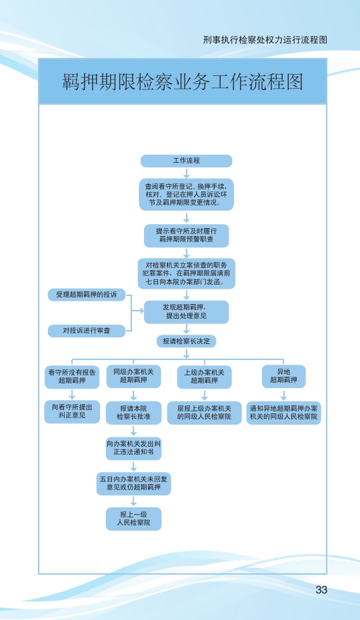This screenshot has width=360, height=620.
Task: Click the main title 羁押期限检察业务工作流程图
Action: [183, 81]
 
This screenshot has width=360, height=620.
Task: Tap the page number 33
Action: [321, 589]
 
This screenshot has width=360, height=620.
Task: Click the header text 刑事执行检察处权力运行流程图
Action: [265, 40]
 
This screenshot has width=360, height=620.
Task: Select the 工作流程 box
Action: [186, 161]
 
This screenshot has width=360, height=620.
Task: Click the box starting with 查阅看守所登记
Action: [186, 195]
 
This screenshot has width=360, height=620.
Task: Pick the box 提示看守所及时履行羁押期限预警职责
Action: [186, 235]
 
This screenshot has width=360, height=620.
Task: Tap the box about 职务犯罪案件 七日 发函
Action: [186, 273]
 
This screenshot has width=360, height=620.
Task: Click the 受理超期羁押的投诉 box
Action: [86, 295]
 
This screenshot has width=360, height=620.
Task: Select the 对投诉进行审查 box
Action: [86, 331]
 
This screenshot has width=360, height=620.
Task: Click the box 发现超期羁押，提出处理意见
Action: [186, 312]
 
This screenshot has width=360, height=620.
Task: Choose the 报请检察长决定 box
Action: [186, 341]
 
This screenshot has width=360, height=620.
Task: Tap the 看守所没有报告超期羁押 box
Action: [72, 377]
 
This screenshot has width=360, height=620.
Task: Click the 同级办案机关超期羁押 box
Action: [133, 376]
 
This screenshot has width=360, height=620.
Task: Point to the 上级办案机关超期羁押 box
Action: [204, 377]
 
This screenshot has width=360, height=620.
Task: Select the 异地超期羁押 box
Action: [283, 376]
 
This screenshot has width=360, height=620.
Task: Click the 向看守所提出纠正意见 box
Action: [72, 411]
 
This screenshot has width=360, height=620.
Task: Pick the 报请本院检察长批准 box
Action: [133, 413]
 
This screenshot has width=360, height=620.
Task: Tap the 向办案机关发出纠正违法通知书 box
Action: [133, 449]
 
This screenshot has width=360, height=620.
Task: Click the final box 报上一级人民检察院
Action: [133, 519]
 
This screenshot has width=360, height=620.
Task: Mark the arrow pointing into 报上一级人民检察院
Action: [133, 501]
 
